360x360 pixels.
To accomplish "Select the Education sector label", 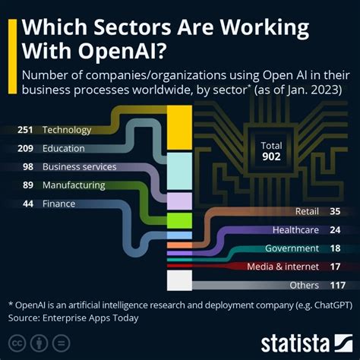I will click(x=64, y=148).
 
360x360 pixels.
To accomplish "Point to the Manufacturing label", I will click(x=73, y=184).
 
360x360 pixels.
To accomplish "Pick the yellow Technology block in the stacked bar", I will click(x=179, y=127).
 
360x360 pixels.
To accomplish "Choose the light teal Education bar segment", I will click(x=179, y=171).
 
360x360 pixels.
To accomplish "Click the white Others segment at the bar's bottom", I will click(x=179, y=280).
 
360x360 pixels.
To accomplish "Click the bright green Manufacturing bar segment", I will click(x=179, y=220).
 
